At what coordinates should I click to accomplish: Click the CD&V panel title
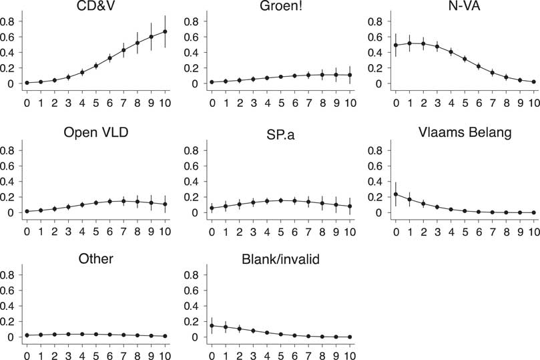[95, 7]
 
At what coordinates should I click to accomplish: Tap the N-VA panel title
[466, 7]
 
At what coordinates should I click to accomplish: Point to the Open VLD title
[95, 132]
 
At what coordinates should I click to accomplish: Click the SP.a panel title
[280, 132]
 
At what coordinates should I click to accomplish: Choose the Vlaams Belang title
[466, 132]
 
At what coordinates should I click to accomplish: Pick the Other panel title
[95, 257]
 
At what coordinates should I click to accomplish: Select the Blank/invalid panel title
[280, 257]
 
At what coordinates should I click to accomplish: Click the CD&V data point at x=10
[165, 31]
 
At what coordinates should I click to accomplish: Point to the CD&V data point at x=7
[123, 50]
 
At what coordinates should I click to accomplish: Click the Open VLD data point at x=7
[123, 201]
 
